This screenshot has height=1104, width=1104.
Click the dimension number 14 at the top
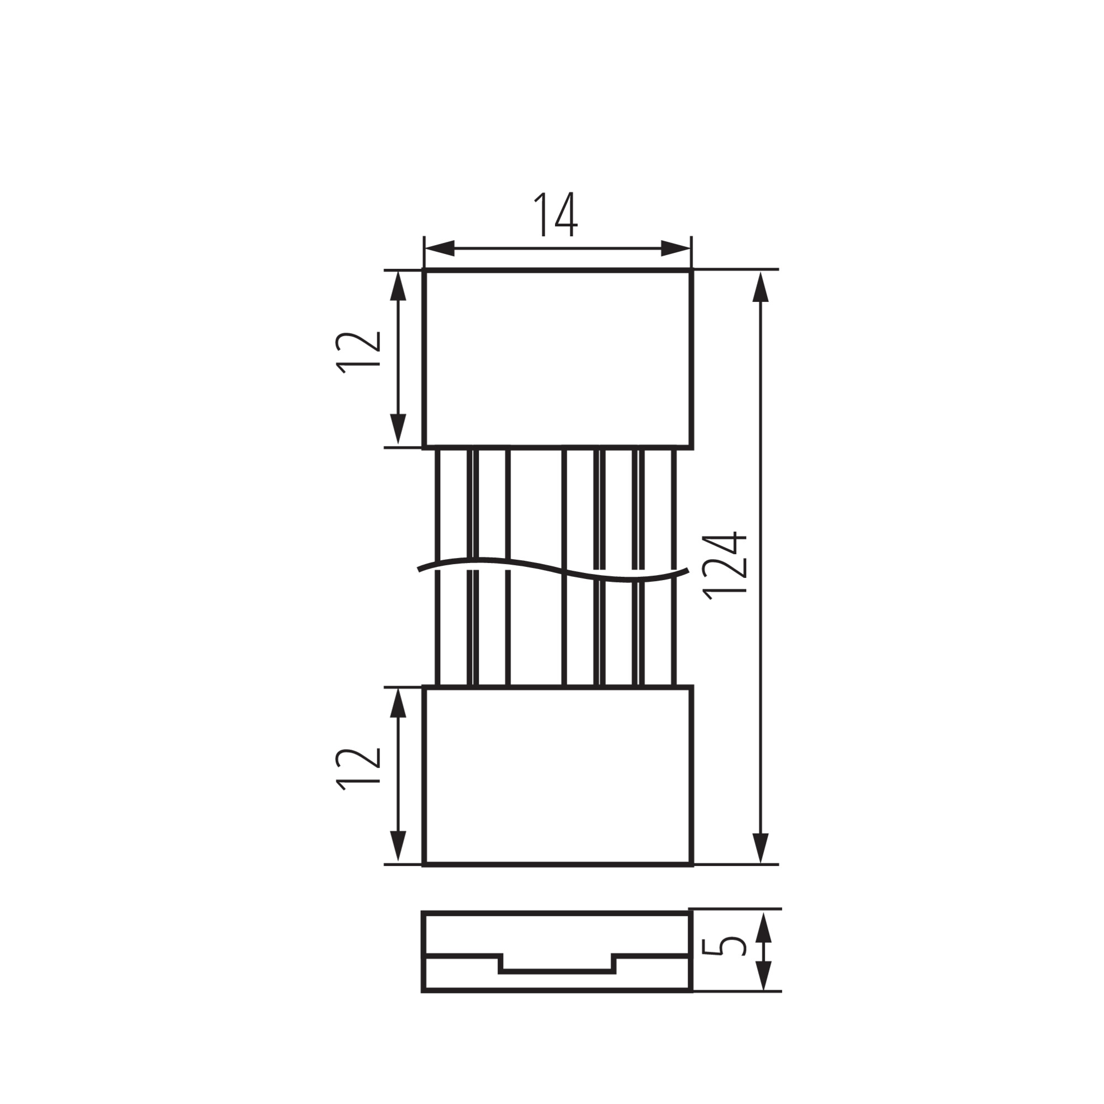click(555, 214)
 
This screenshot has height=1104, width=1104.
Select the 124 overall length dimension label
click(725, 566)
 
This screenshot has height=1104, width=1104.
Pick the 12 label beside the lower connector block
click(358, 768)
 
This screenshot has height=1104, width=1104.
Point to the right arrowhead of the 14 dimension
click(676, 248)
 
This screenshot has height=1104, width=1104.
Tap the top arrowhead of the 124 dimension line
click(760, 286)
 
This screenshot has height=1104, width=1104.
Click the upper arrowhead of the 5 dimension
click(764, 928)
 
